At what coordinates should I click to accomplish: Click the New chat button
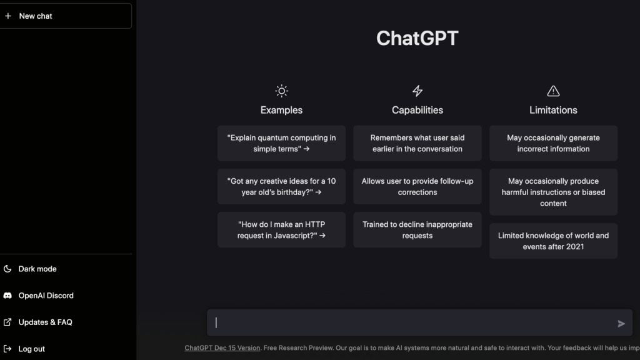(66, 16)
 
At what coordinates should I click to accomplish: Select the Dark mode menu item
(37, 269)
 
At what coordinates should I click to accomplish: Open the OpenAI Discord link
(46, 296)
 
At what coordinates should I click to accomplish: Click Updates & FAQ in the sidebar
(45, 322)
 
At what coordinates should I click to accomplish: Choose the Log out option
(31, 349)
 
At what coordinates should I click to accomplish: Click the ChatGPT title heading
(417, 38)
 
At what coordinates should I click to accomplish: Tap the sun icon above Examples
(281, 91)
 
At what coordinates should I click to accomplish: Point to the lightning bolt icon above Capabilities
(417, 91)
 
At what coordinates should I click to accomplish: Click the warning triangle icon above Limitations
(553, 91)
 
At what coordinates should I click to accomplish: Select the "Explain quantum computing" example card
(281, 143)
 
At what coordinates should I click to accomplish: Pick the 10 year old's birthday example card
(281, 186)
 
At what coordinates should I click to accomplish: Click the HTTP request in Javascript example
(281, 230)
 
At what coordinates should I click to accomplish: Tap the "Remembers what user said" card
(417, 143)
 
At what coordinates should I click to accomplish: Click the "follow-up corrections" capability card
(417, 186)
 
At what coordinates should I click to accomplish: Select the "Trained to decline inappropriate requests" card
(417, 230)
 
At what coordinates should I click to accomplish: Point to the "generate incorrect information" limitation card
(553, 143)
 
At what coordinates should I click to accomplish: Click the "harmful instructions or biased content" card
(553, 192)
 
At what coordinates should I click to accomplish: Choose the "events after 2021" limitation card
(553, 241)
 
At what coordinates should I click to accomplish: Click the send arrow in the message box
(621, 324)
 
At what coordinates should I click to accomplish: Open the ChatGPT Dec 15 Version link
(222, 348)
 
